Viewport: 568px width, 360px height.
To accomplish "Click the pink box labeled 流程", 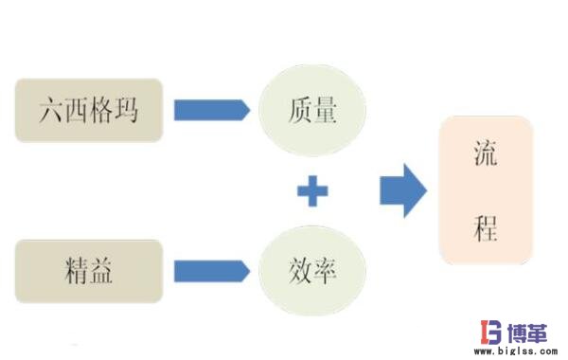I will (x=485, y=189).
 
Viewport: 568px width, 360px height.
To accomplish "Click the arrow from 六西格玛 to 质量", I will (x=211, y=110).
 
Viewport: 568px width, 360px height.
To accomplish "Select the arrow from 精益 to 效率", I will (x=211, y=270).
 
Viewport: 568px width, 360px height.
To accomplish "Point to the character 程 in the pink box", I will (x=485, y=227).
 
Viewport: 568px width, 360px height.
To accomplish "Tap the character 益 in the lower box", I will (x=102, y=269).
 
